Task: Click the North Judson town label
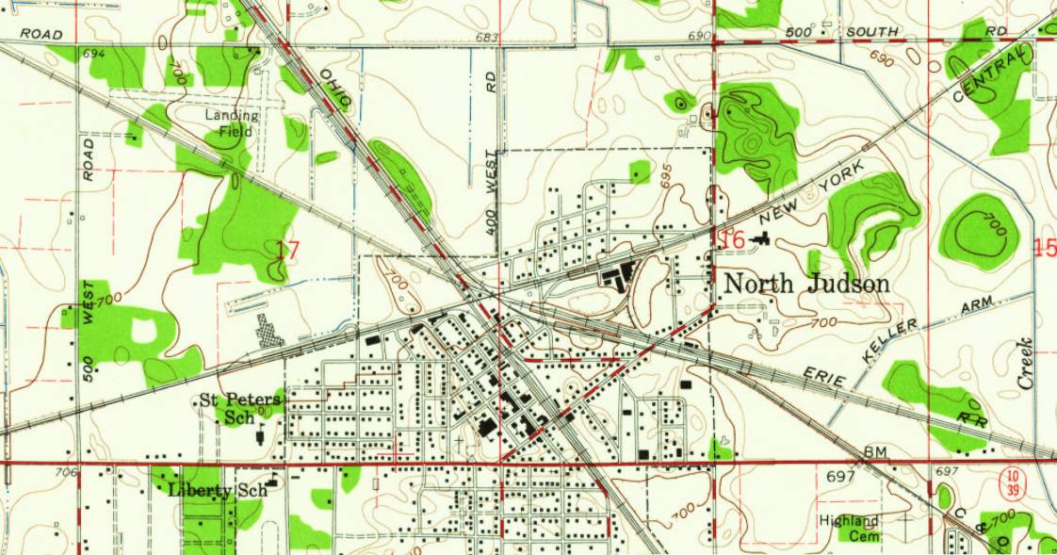click(805, 284)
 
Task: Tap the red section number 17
click(288, 251)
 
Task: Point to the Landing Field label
click(230, 123)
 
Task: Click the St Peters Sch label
click(240, 407)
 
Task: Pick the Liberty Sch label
click(219, 490)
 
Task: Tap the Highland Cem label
click(849, 528)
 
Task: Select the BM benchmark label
click(876, 453)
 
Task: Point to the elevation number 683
click(486, 38)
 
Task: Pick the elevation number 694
click(93, 54)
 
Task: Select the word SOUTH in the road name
click(872, 31)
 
